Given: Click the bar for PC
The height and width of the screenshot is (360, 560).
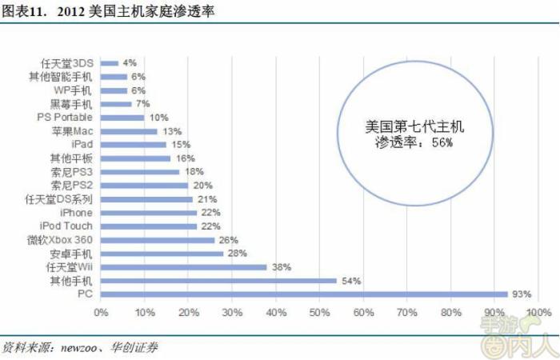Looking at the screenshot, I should click(304, 294).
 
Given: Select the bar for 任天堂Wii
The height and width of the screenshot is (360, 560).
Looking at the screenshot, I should click(184, 267).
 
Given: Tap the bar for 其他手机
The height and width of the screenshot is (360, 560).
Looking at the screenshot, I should click(218, 281).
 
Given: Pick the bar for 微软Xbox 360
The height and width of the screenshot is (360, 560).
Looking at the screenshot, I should click(158, 240).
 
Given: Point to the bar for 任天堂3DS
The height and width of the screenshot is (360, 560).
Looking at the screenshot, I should click(110, 62).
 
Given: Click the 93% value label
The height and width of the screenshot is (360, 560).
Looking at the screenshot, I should click(522, 294).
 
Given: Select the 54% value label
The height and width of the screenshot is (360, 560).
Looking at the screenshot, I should click(352, 281).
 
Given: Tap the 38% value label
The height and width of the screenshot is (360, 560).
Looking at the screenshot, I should click(282, 267).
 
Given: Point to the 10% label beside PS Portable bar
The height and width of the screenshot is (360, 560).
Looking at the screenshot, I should click(159, 117).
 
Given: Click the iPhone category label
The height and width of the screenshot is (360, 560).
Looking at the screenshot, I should click(77, 213).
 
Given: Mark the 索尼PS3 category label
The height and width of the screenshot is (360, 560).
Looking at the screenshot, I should click(73, 171).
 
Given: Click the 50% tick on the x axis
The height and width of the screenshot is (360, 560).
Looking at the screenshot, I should click(320, 312).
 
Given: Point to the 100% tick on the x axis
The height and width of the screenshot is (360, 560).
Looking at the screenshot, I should click(538, 312).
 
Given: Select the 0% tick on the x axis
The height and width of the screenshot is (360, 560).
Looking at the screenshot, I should click(101, 312).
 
